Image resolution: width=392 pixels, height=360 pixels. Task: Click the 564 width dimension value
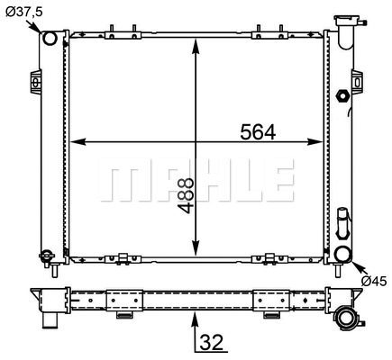click(x=258, y=132)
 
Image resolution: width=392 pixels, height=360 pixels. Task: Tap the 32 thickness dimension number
click(x=212, y=342)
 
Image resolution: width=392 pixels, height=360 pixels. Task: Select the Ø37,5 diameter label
click(x=24, y=12)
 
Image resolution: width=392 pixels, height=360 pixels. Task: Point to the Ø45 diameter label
click(x=374, y=281)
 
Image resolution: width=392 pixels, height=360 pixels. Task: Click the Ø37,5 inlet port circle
click(x=50, y=38)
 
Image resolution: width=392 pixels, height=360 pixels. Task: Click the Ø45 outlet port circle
click(x=343, y=254)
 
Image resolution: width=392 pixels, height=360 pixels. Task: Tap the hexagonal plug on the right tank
click(x=342, y=96)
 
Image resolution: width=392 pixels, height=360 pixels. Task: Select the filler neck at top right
click(x=348, y=31)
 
